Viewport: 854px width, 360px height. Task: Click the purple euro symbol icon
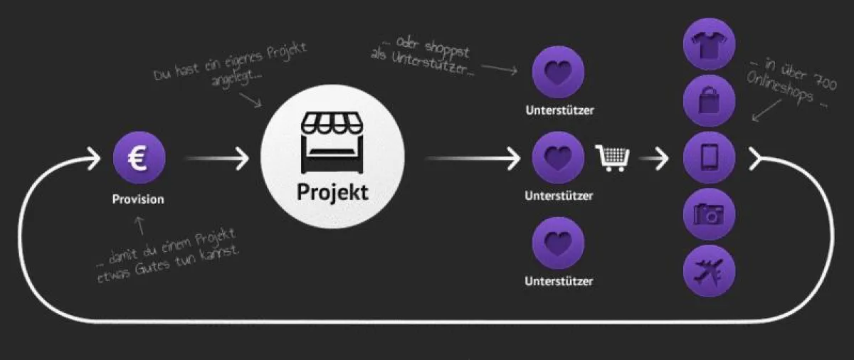[139, 158]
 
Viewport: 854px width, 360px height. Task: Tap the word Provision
[138, 199]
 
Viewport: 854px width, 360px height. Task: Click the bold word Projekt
[333, 191]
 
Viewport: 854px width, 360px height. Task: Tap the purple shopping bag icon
[709, 100]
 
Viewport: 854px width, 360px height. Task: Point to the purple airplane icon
[709, 271]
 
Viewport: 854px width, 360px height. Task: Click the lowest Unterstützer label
[559, 281]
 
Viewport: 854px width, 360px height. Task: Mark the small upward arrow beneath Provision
[140, 225]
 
